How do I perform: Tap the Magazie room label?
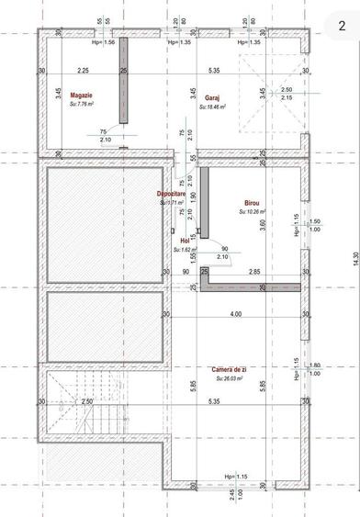tap(83, 95)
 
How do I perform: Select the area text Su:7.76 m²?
tap(83, 106)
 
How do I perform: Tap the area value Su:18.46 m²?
tap(212, 107)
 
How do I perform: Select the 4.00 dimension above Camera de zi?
tap(236, 314)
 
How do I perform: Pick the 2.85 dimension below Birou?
tap(254, 272)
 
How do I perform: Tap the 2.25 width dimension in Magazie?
tap(83, 71)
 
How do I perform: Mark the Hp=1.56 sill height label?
tap(104, 42)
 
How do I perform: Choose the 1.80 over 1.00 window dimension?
tap(315, 369)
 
